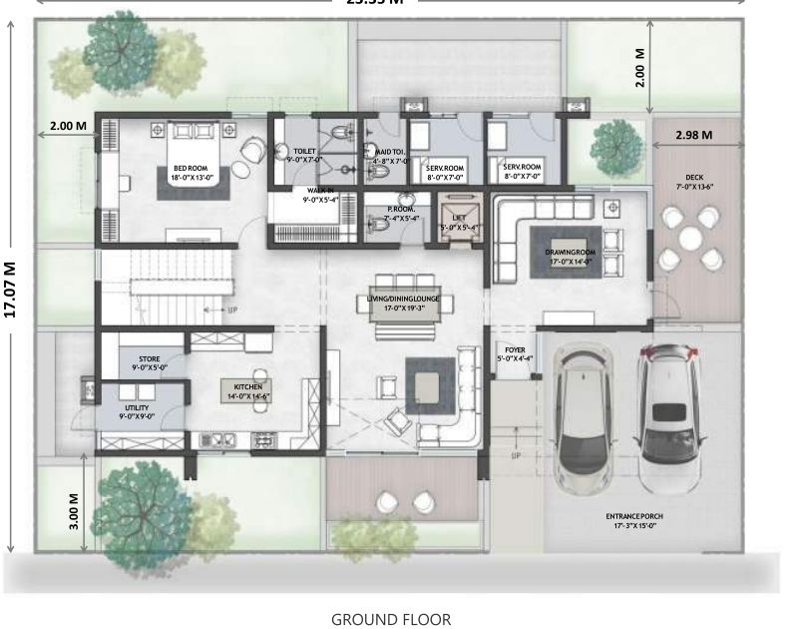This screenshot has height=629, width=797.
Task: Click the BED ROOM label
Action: pos(191,169)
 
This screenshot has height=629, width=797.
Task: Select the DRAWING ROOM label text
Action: pos(570,254)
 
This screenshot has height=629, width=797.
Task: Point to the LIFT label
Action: pos(459,217)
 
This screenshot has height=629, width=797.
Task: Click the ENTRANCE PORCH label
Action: pos(633,516)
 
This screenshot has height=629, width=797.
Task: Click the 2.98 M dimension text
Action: pos(693,135)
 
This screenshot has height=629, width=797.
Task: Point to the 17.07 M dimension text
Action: pos(11,289)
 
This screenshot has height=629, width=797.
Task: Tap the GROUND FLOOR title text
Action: pos(390,619)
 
